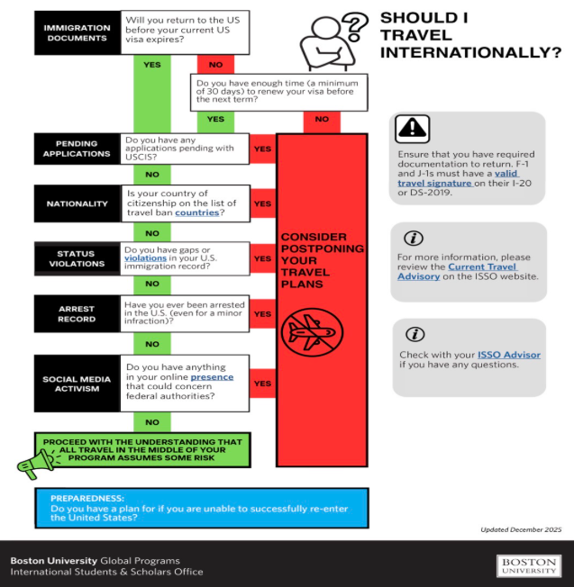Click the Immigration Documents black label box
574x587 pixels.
coord(77,33)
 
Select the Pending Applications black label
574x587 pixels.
coord(77,149)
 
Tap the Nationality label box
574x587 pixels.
coord(77,204)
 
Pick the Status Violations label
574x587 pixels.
coord(77,259)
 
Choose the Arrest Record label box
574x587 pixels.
coord(77,313)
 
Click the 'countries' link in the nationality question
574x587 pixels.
coord(196,213)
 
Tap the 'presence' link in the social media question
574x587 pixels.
coord(212,377)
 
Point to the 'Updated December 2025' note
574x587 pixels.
coord(521,529)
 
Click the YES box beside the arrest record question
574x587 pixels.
coord(262,314)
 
